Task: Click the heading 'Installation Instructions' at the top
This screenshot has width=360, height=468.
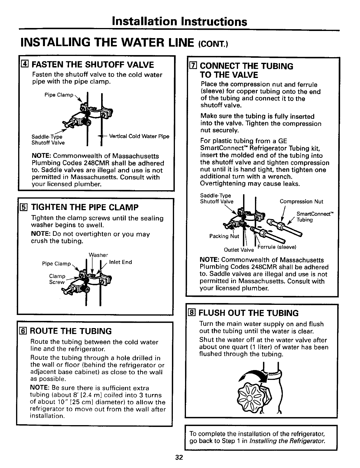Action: click(x=179, y=21)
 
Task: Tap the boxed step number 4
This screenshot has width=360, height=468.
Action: click(x=25, y=64)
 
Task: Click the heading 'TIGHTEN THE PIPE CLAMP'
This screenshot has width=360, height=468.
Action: click(x=85, y=207)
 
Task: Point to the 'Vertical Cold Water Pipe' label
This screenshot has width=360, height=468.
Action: click(x=139, y=136)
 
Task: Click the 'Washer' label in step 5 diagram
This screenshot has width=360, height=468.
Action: click(x=98, y=255)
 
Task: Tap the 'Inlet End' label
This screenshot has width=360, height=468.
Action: click(x=120, y=262)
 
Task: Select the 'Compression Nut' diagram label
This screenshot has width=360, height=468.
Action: click(x=301, y=202)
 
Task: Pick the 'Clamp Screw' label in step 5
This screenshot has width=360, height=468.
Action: click(x=57, y=279)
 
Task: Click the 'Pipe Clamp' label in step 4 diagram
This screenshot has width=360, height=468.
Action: click(x=59, y=95)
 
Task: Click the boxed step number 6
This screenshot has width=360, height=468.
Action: click(x=25, y=331)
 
